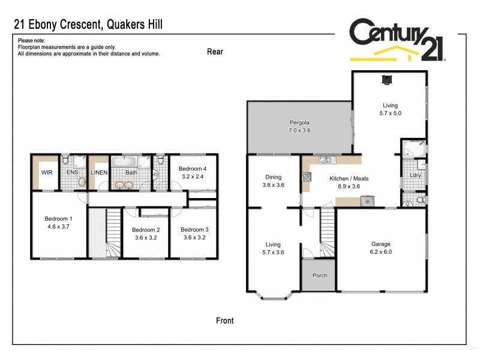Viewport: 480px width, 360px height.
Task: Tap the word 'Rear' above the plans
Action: (215, 52)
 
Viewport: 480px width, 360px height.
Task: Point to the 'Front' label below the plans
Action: (224, 320)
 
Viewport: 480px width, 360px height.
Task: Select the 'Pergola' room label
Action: (298, 122)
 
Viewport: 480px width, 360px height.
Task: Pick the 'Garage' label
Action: (380, 244)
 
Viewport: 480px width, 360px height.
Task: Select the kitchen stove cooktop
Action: (307, 177)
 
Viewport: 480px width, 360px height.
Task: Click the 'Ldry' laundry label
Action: (415, 175)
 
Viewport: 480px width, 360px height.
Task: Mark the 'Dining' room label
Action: (273, 177)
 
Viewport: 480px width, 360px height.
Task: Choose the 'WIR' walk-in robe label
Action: (47, 173)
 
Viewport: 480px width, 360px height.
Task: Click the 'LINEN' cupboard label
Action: (99, 173)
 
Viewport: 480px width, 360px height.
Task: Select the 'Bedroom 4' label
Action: (192, 169)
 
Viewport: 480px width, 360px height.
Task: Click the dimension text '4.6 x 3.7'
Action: (59, 227)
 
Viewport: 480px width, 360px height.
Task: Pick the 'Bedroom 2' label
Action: (146, 230)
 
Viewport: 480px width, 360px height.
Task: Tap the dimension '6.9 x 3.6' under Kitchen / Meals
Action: (349, 187)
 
